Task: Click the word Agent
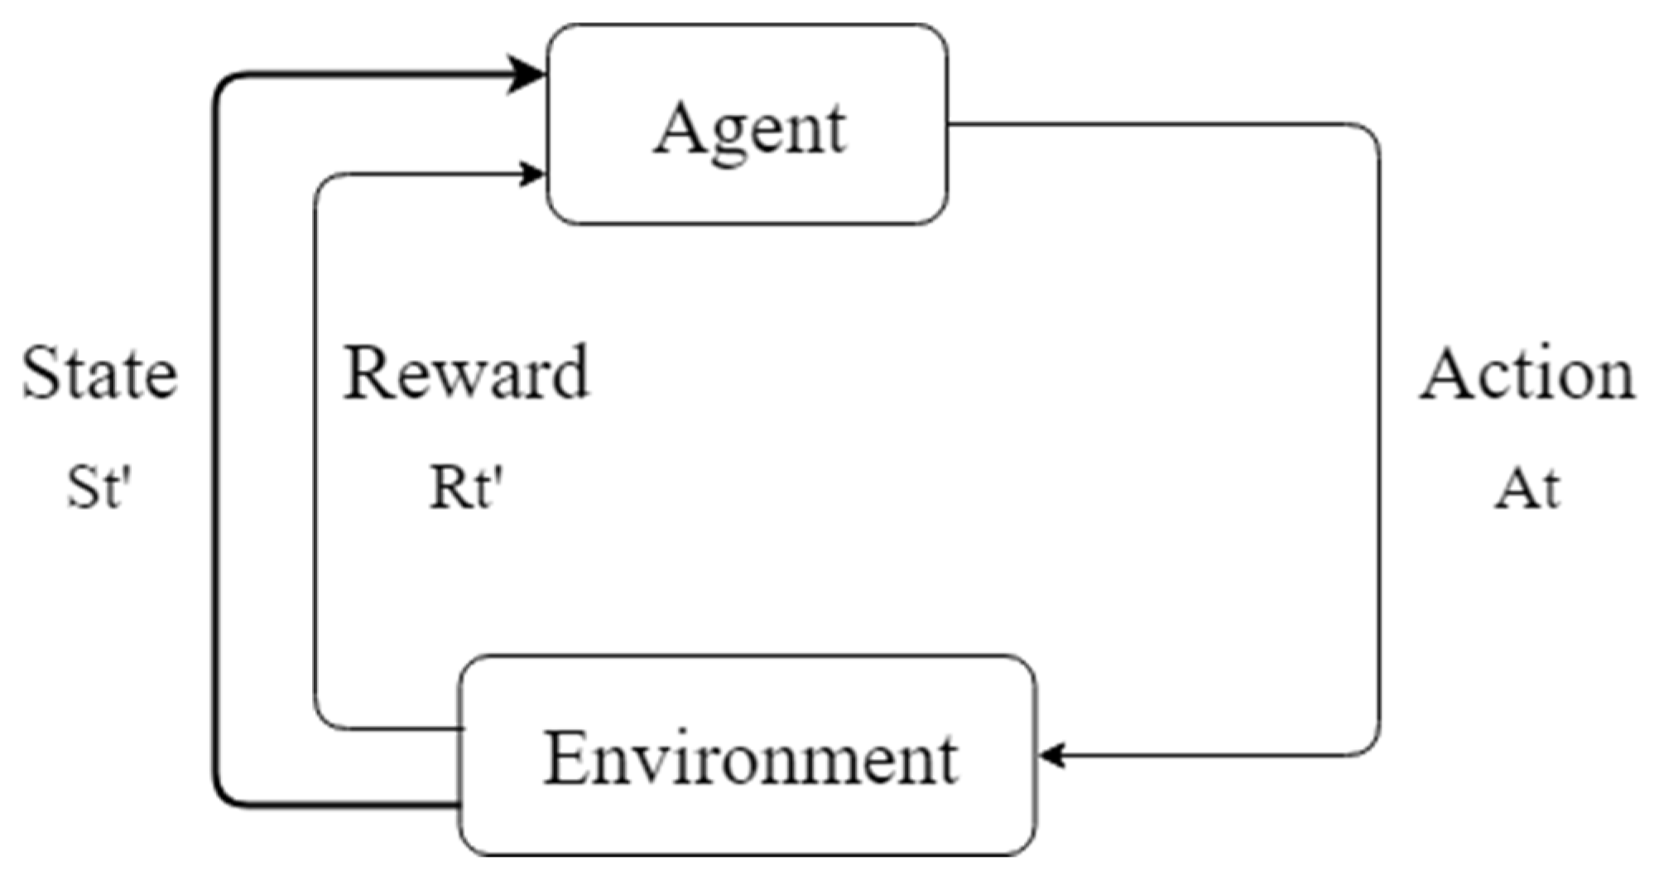click(750, 130)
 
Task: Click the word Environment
click(750, 759)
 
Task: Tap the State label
click(99, 374)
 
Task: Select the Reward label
click(466, 374)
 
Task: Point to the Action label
click(1527, 374)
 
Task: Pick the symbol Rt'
click(466, 488)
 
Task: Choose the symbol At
click(1527, 488)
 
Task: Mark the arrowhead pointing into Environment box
click(1051, 756)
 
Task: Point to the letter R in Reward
click(367, 374)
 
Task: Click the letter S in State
click(41, 374)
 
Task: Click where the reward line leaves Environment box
click(460, 729)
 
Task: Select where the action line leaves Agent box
click(949, 125)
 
